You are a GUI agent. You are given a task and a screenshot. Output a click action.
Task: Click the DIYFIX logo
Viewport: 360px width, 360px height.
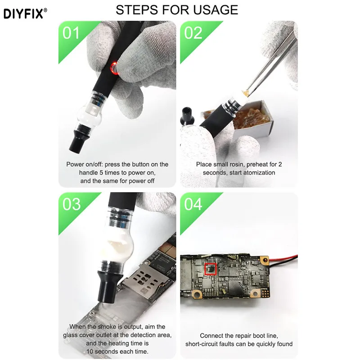tap(25, 13)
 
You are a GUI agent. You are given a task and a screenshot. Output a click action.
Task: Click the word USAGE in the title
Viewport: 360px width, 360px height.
tap(216, 10)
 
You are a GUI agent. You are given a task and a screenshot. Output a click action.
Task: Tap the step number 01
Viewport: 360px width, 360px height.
tap(71, 33)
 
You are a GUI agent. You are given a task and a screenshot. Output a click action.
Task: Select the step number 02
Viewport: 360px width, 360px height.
tap(193, 33)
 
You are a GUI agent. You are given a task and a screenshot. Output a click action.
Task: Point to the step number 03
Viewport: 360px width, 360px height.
tap(72, 204)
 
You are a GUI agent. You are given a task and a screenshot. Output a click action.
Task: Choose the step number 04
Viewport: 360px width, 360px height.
tap(193, 204)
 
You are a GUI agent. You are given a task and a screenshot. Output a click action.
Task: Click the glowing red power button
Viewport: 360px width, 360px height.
tap(114, 68)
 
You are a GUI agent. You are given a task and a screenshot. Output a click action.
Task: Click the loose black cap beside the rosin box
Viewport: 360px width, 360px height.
tap(187, 117)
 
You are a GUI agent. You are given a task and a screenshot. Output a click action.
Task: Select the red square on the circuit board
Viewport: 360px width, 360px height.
tap(211, 269)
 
